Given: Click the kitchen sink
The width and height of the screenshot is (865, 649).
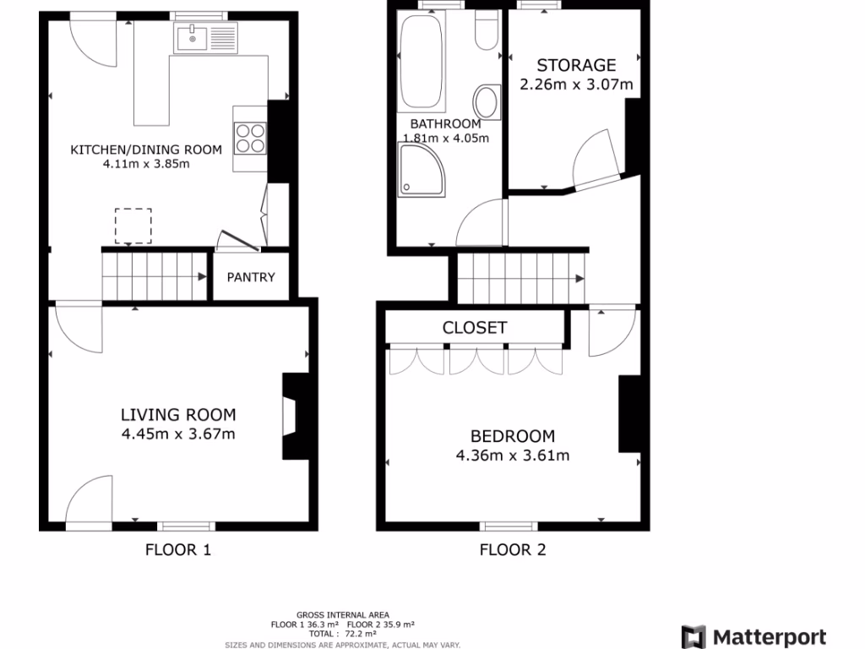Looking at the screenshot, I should coord(195,37).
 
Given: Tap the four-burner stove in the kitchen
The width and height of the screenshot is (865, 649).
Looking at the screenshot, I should coord(249,138).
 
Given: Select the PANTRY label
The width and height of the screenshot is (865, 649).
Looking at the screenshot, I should coord(251,277).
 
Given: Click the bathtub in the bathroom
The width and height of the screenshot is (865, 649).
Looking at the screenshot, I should coord(422,63).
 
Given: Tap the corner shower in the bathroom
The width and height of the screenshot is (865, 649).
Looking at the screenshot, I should coord(421,168).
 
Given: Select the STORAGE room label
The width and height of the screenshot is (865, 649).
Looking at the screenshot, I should coord(576,65).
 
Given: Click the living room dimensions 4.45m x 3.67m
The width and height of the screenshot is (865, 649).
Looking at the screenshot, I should coord(177,434).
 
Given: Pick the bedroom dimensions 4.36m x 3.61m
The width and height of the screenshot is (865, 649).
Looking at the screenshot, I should coord(512,455).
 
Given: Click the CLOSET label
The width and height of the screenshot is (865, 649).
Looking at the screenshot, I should coord(475,328).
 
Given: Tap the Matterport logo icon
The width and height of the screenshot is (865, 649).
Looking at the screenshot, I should coord(694,636).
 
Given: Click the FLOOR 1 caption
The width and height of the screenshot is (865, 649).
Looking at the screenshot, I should coord(177,550).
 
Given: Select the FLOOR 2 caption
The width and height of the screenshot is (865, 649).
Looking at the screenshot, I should coord(513,550).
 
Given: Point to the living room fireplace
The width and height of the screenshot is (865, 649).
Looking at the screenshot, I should coord(291,417).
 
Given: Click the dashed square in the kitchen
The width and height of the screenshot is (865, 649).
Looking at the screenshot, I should coord(133,226).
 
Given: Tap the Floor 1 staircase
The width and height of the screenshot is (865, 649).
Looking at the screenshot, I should coord(155,275).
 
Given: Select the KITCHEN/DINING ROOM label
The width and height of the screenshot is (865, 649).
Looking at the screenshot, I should coord(145,150).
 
